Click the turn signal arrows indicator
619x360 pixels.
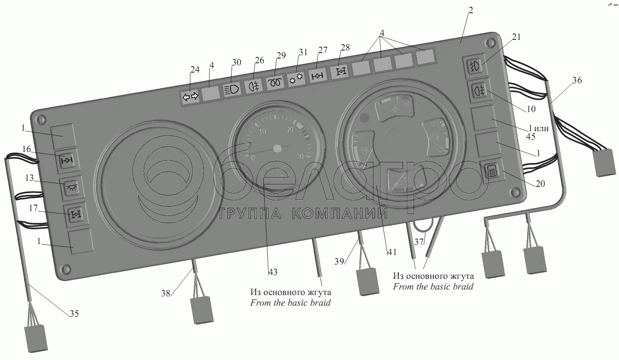tap(190, 97)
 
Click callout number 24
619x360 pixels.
tap(194, 70)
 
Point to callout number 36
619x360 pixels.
tap(577, 80)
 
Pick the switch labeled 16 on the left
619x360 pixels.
tap(67, 160)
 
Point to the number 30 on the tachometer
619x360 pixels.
tap(299, 156)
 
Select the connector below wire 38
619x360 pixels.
tap(202, 309)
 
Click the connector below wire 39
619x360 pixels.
tap(367, 281)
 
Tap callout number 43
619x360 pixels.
tap(273, 272)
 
